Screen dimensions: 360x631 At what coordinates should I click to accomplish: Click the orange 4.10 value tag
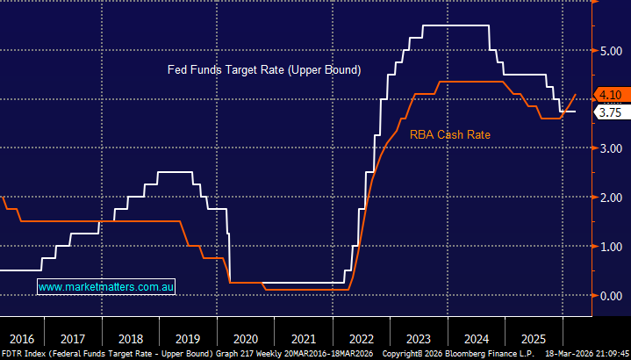tap(610, 95)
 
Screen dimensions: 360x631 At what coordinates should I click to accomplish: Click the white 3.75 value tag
tap(610, 112)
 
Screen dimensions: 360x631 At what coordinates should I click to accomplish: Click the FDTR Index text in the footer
tap(25, 353)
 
